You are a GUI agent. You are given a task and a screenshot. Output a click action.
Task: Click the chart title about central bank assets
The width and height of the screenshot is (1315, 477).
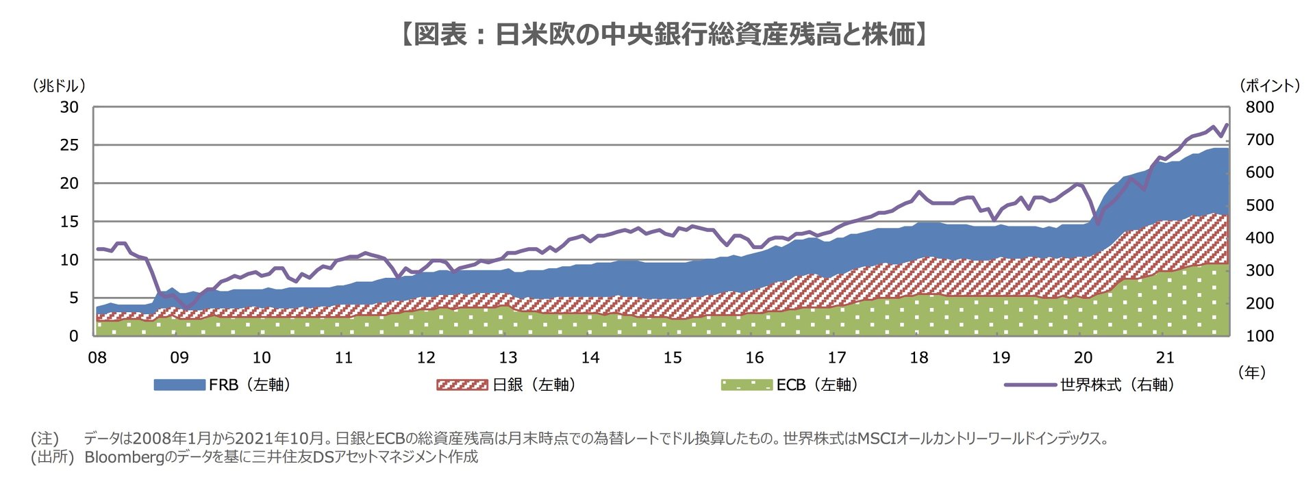pos(662,34)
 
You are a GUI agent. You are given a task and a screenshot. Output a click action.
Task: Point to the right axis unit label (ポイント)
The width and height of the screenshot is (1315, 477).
pos(1269,86)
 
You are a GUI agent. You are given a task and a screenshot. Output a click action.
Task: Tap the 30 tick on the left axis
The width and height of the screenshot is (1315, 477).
pos(69,107)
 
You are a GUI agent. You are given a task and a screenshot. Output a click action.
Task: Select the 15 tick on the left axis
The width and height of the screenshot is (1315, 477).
pos(69,222)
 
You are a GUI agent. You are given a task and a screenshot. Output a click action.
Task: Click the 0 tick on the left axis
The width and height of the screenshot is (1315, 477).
pos(73,336)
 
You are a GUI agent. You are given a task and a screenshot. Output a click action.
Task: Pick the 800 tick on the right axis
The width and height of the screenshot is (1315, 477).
pos(1260,107)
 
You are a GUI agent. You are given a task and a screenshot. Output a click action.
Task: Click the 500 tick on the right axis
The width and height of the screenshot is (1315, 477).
pos(1260,205)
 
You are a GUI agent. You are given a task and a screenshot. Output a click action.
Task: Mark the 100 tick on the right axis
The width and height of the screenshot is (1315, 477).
pos(1260,336)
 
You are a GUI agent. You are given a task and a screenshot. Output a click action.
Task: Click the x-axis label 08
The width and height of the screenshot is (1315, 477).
pos(97,358)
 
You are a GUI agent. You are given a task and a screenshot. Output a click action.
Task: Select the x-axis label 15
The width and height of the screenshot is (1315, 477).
pos(673,358)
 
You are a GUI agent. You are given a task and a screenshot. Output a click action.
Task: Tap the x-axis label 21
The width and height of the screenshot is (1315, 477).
pos(1165,358)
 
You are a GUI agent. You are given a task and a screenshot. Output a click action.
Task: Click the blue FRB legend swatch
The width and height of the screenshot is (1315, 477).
pos(179,385)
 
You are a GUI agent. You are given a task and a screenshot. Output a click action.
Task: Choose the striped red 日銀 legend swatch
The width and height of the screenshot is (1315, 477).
pos(462,385)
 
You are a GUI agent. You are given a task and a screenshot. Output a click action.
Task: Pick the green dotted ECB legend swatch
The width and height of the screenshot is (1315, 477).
pos(747,385)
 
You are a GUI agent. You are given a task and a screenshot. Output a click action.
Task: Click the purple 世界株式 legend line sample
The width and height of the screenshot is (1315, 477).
pos(1030,385)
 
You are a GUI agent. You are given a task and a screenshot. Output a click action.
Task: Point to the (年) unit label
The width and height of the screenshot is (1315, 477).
pos(1252,372)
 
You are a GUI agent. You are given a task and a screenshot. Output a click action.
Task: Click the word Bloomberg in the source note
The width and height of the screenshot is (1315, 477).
pos(122,457)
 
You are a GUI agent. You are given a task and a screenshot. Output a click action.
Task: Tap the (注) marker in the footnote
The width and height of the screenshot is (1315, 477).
pos(45,439)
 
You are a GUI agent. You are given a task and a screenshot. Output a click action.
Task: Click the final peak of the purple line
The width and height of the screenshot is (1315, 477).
pos(1226,125)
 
